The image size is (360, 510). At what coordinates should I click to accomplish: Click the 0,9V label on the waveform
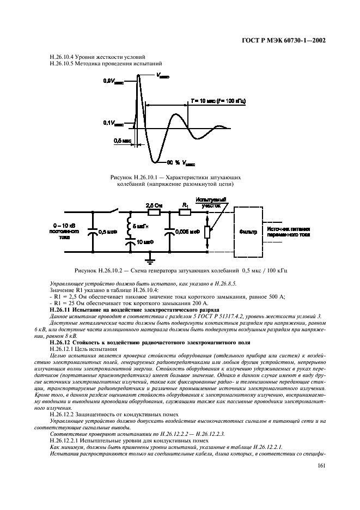pyautogui.click(x=113, y=81)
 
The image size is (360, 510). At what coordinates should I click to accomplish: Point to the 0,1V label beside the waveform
pyautogui.click(x=113, y=123)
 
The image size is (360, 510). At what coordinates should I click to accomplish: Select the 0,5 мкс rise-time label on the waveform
pyautogui.click(x=123, y=141)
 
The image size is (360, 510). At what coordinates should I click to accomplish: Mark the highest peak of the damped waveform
pyautogui.click(x=139, y=74)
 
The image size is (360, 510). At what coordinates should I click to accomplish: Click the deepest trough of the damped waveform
pyautogui.click(x=156, y=161)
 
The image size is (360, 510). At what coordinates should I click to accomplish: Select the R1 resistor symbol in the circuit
pyautogui.click(x=186, y=212)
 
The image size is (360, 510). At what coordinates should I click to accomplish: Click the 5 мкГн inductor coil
pyautogui.click(x=130, y=224)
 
